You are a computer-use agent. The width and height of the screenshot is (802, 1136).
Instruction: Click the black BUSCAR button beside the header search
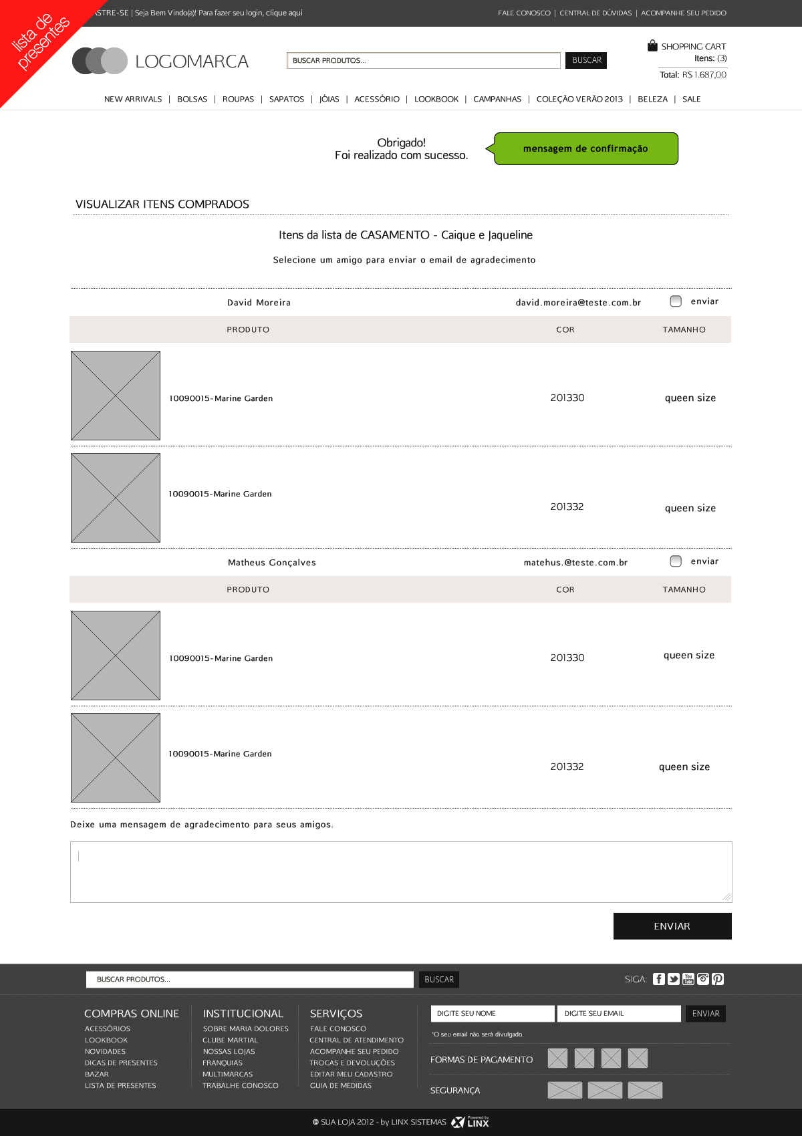point(586,60)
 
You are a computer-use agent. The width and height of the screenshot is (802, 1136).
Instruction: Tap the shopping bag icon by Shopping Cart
point(652,45)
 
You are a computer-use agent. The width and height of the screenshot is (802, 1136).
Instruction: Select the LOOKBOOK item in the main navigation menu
point(436,99)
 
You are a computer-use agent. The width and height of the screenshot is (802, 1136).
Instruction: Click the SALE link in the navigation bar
point(691,99)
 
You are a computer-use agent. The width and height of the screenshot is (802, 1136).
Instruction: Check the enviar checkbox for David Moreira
point(676,301)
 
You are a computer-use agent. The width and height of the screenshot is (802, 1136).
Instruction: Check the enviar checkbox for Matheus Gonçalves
point(676,561)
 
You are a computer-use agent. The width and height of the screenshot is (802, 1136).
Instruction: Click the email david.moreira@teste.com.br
point(578,303)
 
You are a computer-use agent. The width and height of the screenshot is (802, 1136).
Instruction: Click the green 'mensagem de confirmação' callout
point(586,148)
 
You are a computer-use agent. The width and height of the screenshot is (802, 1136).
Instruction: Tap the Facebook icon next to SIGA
point(659,979)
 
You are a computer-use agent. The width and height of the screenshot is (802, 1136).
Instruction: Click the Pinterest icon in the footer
point(718,979)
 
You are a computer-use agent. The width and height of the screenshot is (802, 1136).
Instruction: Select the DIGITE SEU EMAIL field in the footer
point(619,1014)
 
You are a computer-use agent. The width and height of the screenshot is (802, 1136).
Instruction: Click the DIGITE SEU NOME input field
point(493,1014)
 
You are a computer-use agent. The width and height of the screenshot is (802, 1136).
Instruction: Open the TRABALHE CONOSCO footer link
point(241,1086)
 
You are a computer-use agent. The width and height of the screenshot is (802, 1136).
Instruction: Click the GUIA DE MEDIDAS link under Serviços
point(341,1086)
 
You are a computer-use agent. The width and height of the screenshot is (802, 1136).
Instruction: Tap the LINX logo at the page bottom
point(471,1122)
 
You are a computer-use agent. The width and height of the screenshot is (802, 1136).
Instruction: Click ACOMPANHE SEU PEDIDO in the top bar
point(684,13)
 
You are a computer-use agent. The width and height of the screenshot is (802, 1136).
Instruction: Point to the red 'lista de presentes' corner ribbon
point(37,40)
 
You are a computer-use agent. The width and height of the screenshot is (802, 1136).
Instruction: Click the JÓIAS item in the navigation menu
point(329,99)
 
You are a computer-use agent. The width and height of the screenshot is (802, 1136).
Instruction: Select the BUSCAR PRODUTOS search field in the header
point(423,60)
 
